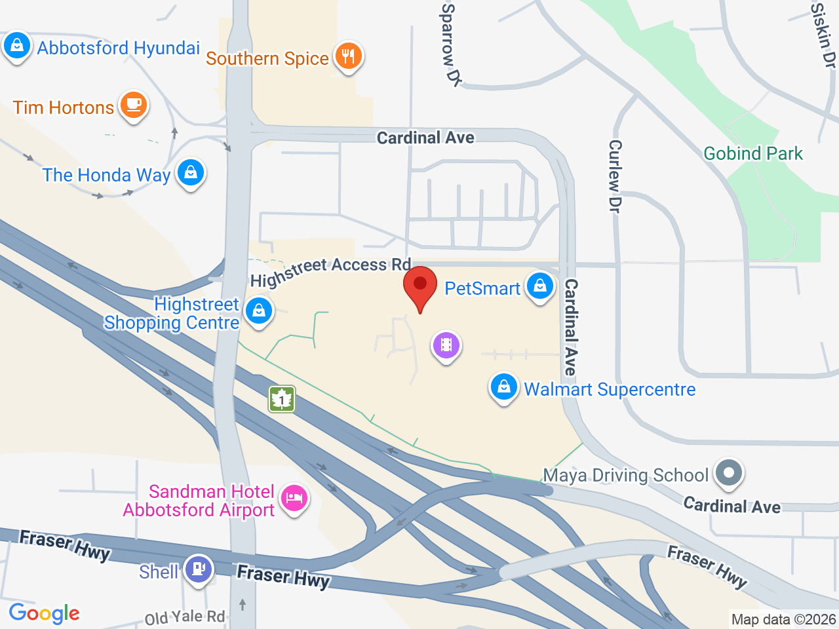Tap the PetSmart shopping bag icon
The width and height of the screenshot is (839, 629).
coord(540,286)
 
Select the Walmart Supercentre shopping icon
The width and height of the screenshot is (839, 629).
coord(503,387)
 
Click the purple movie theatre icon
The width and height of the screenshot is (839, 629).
coord(446,344)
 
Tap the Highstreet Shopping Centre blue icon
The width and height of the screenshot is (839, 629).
coord(259,311)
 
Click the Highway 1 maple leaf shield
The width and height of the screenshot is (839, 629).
coord(282,398)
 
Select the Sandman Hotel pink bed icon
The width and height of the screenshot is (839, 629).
coord(294,499)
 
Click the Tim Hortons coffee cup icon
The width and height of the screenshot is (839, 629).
coord(134,105)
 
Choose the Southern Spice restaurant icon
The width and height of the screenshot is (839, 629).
coord(348,56)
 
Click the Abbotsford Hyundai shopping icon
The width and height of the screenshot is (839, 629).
coord(16,47)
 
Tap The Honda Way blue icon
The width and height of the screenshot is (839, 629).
coord(191,173)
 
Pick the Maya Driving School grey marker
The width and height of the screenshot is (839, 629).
coord(728,472)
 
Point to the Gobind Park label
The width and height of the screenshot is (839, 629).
coord(752,153)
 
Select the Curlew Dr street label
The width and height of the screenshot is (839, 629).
coord(615,176)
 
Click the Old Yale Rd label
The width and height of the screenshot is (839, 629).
coord(185,617)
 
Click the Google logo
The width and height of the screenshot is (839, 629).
coord(45,614)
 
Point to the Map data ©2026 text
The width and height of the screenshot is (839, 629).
coord(783,619)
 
